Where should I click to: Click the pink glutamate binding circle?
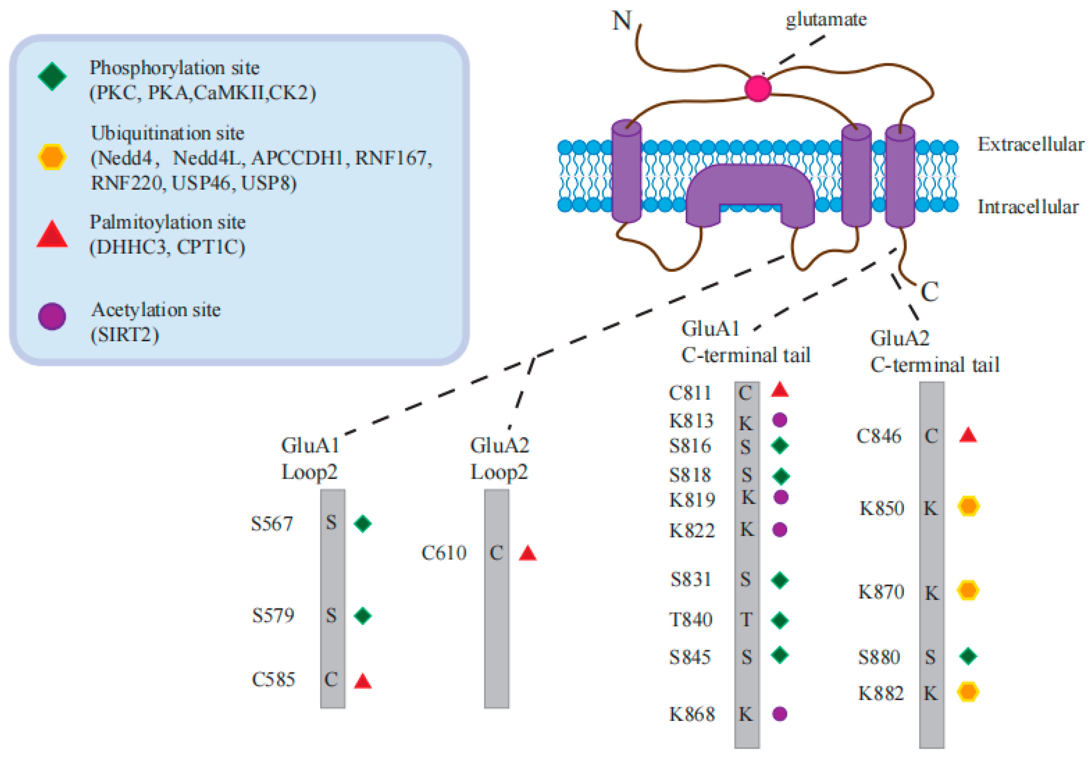[x=758, y=88]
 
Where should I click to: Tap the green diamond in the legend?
[x=52, y=76]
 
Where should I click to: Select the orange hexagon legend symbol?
[x=52, y=157]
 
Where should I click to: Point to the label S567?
[x=272, y=524]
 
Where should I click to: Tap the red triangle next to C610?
[x=528, y=553]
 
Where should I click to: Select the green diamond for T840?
[x=780, y=620]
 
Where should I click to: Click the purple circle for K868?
[x=780, y=714]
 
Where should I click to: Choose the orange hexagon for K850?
[x=968, y=507]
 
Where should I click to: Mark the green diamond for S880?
[x=968, y=656]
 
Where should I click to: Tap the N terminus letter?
[x=621, y=21]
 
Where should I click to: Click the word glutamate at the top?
[x=826, y=20]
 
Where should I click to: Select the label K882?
[x=881, y=693]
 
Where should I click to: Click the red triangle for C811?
[x=780, y=390]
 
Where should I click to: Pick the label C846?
[x=878, y=436]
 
